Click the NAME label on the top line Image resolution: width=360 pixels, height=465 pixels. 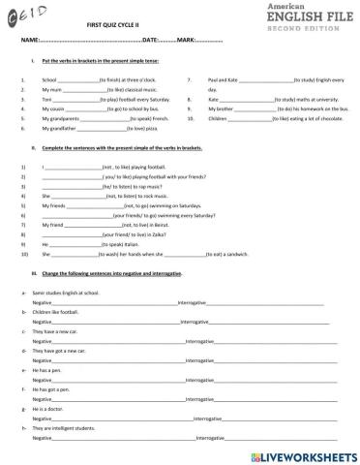point(29,41)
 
